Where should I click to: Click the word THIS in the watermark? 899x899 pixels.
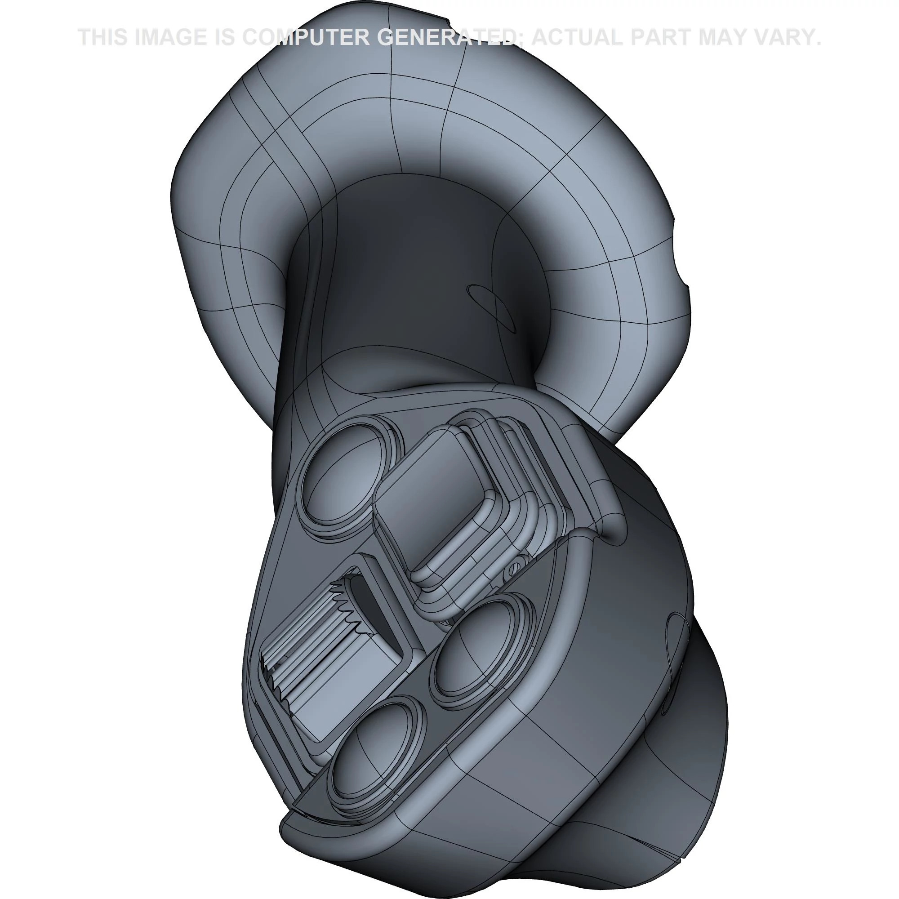point(102,37)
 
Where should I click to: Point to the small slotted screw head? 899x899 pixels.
point(514,567)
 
